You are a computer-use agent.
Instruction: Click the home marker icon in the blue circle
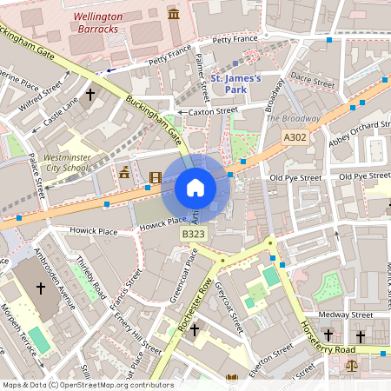(195, 187)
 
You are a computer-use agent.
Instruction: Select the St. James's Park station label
(236, 84)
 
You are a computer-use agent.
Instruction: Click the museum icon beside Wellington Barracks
(174, 15)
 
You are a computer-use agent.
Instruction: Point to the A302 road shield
(295, 136)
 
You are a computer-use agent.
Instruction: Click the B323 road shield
(193, 235)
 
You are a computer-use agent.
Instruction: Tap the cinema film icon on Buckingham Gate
(155, 178)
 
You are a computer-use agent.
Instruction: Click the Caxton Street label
(214, 111)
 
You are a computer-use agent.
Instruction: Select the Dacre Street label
(312, 80)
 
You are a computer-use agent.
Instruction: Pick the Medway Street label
(346, 315)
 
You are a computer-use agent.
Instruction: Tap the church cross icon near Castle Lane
(89, 93)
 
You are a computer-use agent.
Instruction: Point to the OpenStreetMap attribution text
(88, 384)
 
